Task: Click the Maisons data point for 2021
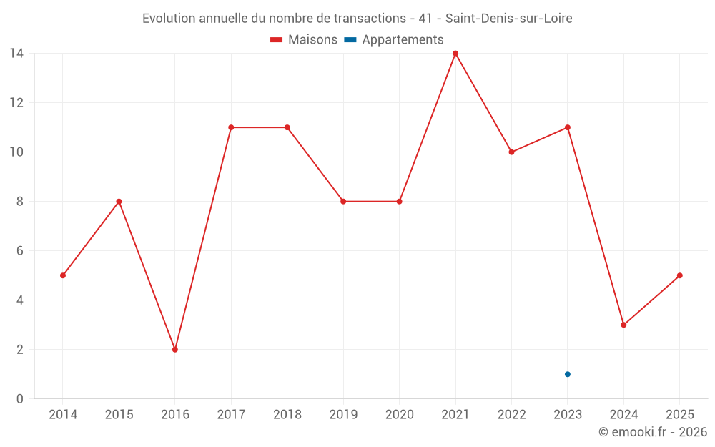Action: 455,54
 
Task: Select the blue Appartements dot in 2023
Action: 568,374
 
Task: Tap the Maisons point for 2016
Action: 175,350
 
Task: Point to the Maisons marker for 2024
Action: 623,325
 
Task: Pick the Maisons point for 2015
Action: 119,202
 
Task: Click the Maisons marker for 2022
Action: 511,152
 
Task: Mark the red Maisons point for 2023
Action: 568,127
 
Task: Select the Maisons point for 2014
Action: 63,275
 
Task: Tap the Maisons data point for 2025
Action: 680,275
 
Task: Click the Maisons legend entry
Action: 305,40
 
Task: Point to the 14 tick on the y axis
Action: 16,54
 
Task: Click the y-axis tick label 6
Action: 20,251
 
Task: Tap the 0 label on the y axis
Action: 20,399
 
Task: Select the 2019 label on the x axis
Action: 343,415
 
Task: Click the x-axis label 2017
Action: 231,415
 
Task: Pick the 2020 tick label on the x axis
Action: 399,415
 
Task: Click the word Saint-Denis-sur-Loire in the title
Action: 509,19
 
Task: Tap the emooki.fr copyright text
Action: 653,432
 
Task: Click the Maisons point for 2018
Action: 287,127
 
